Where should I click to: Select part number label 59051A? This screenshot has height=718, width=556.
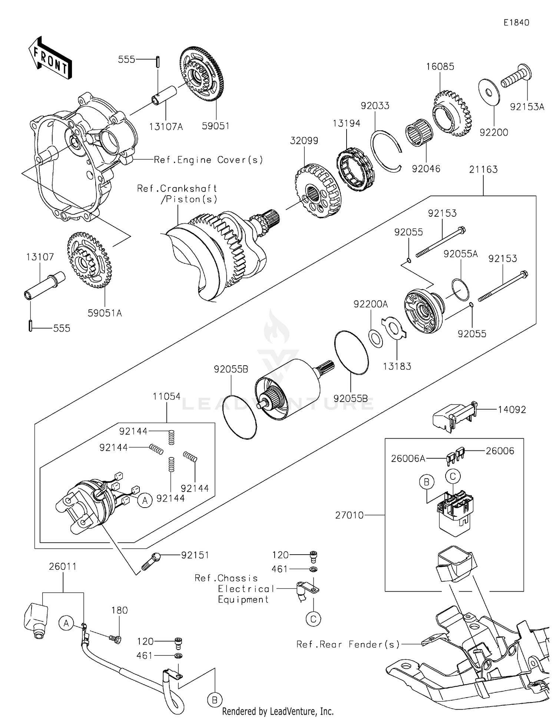[x=105, y=313]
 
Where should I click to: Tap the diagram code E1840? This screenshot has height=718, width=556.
[x=516, y=23]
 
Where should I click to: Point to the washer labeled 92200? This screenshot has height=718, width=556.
[x=489, y=91]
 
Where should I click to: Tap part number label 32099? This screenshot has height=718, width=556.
[x=304, y=141]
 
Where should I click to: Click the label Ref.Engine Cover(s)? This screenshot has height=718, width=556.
[x=208, y=160]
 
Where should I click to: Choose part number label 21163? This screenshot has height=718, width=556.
[x=483, y=170]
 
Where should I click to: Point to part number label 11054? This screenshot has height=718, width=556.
[x=166, y=396]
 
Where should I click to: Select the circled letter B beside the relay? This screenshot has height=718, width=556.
[x=426, y=482]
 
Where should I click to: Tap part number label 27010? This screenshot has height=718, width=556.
[x=349, y=515]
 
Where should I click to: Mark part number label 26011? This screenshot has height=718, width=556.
[x=63, y=566]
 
